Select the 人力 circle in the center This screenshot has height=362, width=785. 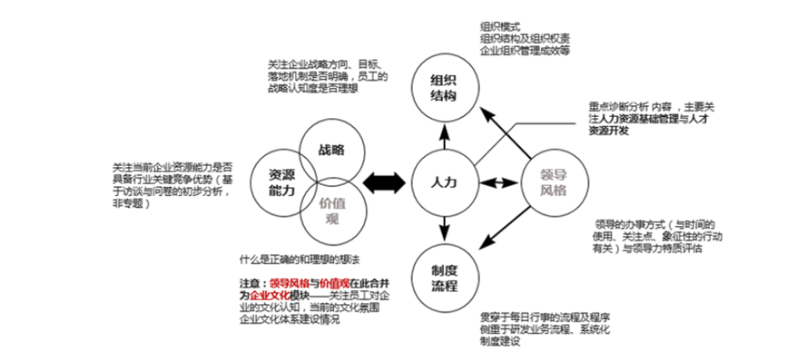pos(445,182)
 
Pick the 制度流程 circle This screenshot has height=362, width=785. pos(445,276)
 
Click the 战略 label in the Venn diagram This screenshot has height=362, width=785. pos(332,150)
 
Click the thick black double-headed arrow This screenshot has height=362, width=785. pos(384,183)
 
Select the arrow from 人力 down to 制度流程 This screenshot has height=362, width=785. pos(445,229)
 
